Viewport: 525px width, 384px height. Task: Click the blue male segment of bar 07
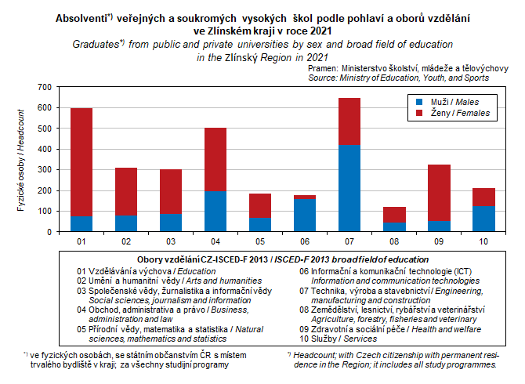(350, 189)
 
